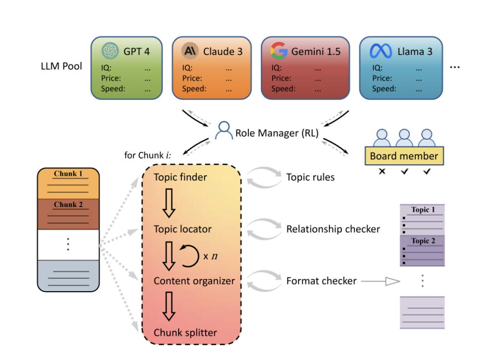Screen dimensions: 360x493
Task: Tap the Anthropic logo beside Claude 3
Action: (x=190, y=51)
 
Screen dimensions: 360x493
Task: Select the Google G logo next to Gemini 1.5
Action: (x=279, y=51)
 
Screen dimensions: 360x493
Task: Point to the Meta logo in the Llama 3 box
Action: (x=379, y=51)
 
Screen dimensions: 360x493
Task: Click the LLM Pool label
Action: (x=62, y=66)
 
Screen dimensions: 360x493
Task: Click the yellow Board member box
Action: (x=404, y=156)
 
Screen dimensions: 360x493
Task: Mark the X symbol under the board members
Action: (x=382, y=171)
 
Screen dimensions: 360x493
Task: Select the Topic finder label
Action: (x=180, y=178)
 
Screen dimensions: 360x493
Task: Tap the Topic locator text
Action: (x=183, y=229)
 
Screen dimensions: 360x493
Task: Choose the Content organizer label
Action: (x=194, y=281)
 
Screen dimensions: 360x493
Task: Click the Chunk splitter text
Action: (x=185, y=333)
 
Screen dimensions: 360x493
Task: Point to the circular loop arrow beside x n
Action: (x=189, y=255)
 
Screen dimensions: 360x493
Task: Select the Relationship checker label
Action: (x=333, y=229)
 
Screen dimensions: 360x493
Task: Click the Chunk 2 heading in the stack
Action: (x=68, y=205)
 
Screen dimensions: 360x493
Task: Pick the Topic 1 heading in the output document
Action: (x=423, y=210)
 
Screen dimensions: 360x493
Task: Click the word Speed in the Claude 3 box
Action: (x=194, y=89)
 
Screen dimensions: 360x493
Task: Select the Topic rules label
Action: (x=310, y=178)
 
